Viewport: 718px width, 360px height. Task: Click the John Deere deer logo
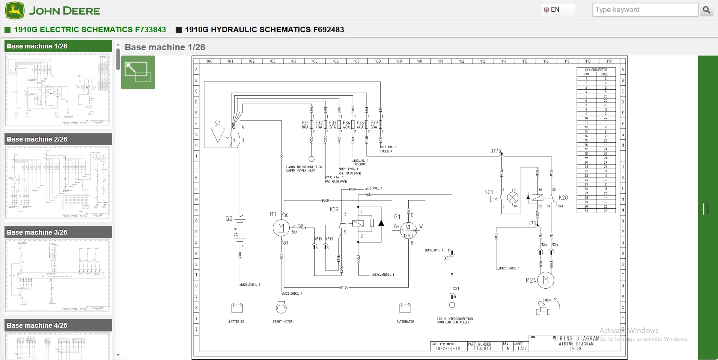pos(15,10)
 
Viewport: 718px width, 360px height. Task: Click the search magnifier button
pos(706,10)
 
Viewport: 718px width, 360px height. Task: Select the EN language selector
pos(552,10)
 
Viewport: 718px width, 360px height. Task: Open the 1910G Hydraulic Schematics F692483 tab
pos(264,30)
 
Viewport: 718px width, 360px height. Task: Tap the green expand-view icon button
pos(138,72)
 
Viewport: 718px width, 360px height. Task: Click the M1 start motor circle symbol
pos(281,227)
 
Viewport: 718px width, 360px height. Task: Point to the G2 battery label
pos(229,218)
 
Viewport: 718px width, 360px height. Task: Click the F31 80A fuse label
pos(305,125)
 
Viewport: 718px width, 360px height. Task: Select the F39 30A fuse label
pos(374,125)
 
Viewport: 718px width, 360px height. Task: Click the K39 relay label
pos(334,209)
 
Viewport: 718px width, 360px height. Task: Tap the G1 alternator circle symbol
pos(408,230)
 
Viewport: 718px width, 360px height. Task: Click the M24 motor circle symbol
pos(545,280)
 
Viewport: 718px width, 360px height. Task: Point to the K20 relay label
pos(563,197)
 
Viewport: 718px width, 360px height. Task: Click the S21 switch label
pos(489,192)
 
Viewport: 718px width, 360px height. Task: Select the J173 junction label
pos(495,151)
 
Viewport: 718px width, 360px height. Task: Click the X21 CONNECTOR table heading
pos(596,69)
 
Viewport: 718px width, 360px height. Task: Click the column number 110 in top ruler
pos(419,61)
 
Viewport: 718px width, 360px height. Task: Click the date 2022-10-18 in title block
pos(447,348)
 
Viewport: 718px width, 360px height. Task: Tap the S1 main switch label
pos(218,123)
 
